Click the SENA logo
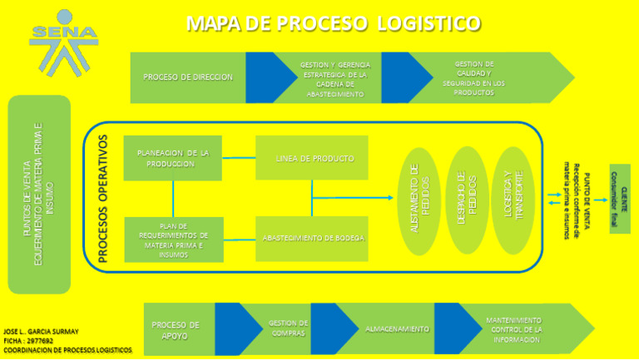click(63, 42)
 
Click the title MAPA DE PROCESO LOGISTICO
click(333, 23)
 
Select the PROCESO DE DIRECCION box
click(188, 77)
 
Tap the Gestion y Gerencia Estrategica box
click(335, 79)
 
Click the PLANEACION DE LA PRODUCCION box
click(172, 158)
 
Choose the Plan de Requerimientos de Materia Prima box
click(173, 240)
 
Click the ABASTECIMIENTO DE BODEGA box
click(313, 239)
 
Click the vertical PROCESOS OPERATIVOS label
click(103, 200)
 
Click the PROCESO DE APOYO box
click(176, 330)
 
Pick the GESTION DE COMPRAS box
click(288, 328)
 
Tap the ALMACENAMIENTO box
click(397, 329)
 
